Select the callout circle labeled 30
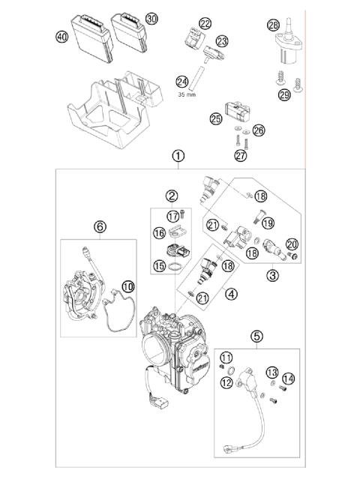click(152, 18)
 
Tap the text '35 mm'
click(187, 96)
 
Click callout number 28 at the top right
click(274, 25)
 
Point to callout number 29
click(283, 94)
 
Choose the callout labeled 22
click(205, 24)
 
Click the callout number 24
click(181, 81)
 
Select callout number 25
click(216, 118)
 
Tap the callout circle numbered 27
click(241, 155)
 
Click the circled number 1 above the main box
click(178, 157)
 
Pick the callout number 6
click(100, 226)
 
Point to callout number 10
click(127, 285)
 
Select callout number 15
click(159, 265)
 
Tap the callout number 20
click(292, 243)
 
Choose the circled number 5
click(256, 336)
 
